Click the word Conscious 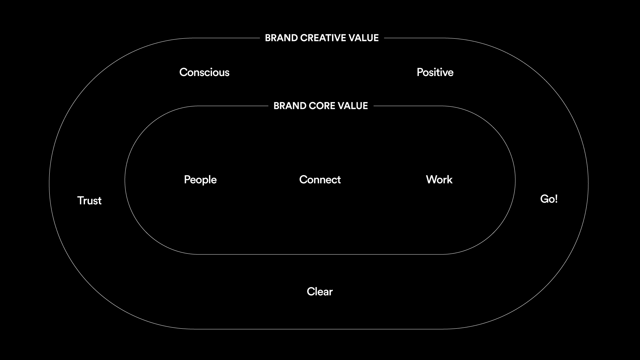click(204, 72)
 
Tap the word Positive click(435, 72)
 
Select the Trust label click(89, 201)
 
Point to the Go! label click(549, 199)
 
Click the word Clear click(320, 292)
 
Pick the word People click(200, 180)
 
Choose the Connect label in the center click(320, 180)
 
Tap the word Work click(439, 180)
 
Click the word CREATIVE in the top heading click(323, 38)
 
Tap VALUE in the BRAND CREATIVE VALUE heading click(364, 38)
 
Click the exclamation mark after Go click(556, 199)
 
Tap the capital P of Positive click(420, 72)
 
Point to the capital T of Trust click(80, 201)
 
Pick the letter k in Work click(450, 180)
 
